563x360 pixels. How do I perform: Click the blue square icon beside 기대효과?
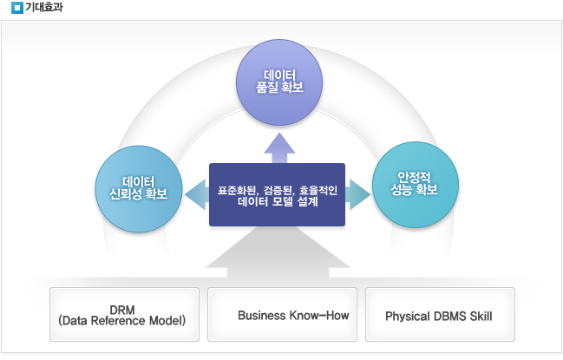click(16, 8)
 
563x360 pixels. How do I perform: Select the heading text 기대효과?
click(44, 7)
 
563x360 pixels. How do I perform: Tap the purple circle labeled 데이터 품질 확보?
click(279, 82)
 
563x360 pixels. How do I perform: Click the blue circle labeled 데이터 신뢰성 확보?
click(139, 189)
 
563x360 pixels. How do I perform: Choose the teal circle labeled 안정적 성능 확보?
click(416, 185)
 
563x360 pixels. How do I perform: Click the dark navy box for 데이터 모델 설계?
click(278, 195)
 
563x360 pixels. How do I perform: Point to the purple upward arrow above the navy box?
click(279, 148)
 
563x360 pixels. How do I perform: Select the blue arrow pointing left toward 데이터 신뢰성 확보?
click(197, 194)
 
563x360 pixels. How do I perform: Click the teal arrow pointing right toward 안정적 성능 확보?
click(357, 194)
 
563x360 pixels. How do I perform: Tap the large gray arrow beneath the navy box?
click(278, 252)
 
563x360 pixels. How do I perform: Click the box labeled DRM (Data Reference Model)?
click(124, 314)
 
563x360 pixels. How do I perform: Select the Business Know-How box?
click(282, 314)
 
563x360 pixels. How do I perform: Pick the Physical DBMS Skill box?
click(440, 314)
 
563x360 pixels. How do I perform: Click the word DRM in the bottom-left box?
click(122, 310)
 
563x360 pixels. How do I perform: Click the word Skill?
click(481, 317)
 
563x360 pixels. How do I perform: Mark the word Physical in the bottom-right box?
click(408, 317)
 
